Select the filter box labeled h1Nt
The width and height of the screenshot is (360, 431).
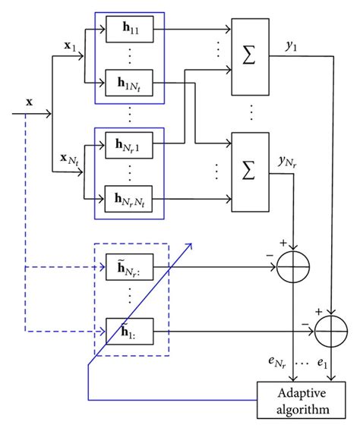[131, 80]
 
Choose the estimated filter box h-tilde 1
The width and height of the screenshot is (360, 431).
[131, 332]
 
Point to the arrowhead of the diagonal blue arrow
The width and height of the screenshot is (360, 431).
[191, 246]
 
